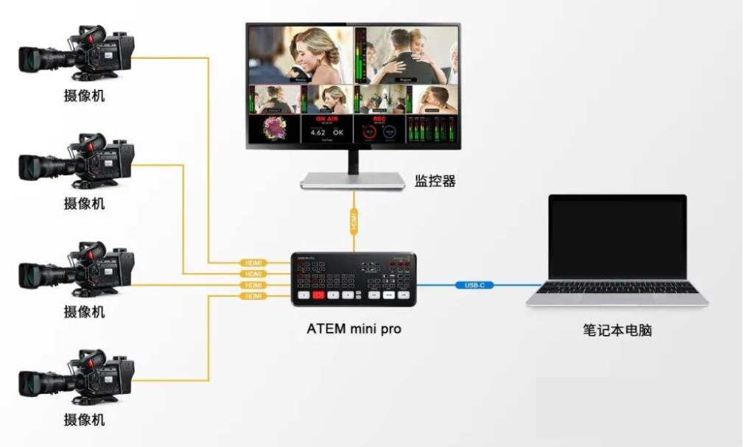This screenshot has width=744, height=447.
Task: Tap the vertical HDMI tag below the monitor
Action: tap(354, 219)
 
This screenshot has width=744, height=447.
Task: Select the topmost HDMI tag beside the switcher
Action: tap(253, 263)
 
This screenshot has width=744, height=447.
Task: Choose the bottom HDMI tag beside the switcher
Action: tap(253, 296)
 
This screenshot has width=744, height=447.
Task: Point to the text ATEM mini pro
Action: tap(354, 329)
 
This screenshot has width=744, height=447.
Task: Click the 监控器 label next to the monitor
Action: tap(435, 180)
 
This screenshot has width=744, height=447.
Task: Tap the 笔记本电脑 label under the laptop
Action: tap(617, 331)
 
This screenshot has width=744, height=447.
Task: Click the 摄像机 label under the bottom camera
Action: tap(83, 420)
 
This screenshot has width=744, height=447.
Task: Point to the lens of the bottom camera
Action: tap(33, 381)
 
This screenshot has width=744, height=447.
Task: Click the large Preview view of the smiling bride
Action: tap(301, 53)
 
